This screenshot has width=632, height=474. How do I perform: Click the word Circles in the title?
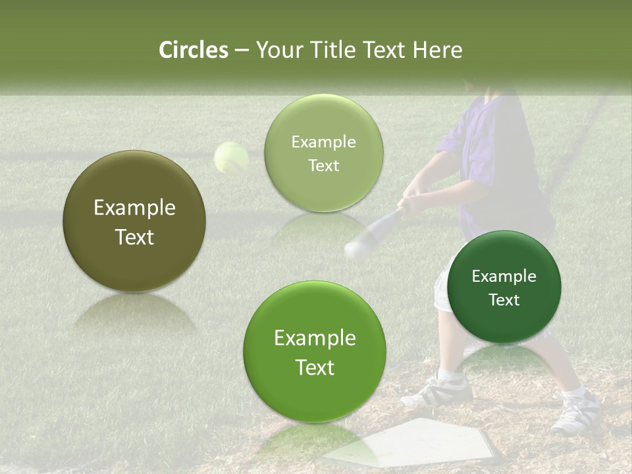[x=193, y=50]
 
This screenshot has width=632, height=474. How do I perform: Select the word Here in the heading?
[x=438, y=50]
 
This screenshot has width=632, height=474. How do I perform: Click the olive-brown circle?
[x=134, y=221]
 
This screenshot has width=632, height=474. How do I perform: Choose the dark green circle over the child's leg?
[x=504, y=287]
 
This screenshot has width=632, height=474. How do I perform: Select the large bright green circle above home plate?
[x=315, y=352]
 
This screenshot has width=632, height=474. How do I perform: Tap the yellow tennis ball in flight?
[x=231, y=158]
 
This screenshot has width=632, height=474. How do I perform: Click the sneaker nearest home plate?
[x=438, y=393]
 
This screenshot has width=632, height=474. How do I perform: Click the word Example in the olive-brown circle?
[x=134, y=208]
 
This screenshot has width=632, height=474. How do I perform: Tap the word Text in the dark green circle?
[x=504, y=300]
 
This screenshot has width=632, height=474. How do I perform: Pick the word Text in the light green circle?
[x=323, y=166]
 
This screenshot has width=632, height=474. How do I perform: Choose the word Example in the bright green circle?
[x=315, y=338]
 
